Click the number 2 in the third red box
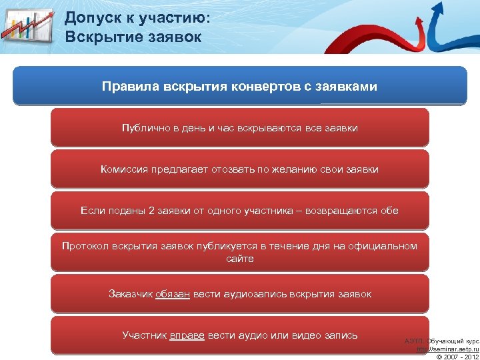151,211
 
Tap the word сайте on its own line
240,258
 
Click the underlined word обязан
173,293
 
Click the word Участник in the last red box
145,335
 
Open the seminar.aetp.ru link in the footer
448,349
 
